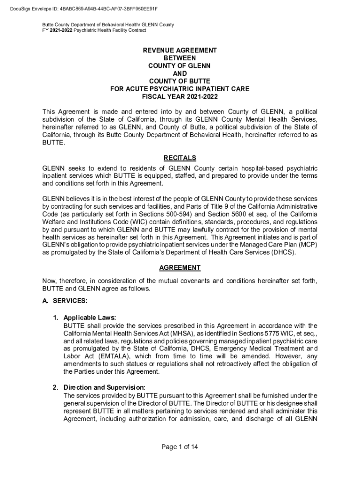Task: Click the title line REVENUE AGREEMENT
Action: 180,50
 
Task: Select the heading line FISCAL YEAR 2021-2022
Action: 180,97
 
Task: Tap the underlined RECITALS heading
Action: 180,158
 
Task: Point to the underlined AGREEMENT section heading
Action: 180,268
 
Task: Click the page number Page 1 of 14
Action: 180,447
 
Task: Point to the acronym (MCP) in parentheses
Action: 307,245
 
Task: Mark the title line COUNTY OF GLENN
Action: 180,65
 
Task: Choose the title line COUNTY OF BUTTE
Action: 180,81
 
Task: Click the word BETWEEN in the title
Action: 180,58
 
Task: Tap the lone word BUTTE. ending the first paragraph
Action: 54,143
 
